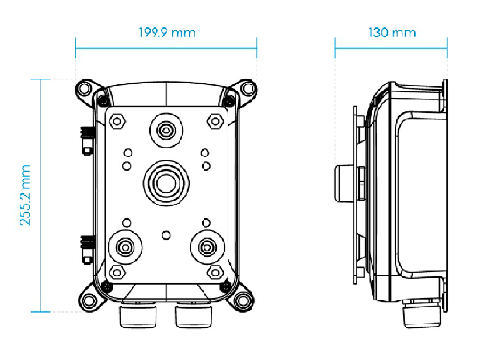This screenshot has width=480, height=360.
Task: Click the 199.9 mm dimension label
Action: (x=167, y=33)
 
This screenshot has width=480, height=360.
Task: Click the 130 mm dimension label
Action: (x=392, y=33)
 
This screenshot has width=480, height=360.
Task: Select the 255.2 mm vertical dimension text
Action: (x=25, y=195)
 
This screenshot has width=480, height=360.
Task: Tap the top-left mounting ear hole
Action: (x=84, y=88)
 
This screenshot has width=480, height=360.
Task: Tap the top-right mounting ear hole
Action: (x=249, y=88)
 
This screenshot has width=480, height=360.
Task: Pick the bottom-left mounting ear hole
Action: (x=87, y=300)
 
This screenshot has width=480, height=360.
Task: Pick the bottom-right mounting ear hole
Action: (x=243, y=300)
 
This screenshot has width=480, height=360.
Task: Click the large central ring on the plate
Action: (x=166, y=183)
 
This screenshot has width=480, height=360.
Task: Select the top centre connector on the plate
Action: (x=166, y=131)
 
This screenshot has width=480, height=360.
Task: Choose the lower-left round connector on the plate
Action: (x=126, y=248)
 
